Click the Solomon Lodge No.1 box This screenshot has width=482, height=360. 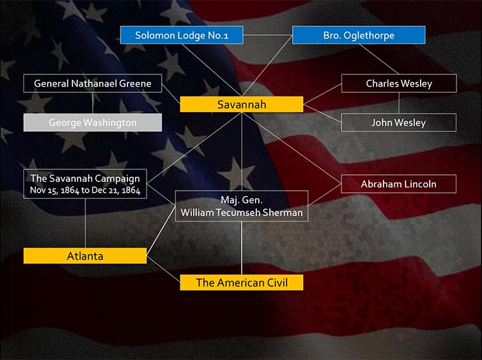(x=182, y=35)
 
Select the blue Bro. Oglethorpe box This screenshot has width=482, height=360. (x=359, y=35)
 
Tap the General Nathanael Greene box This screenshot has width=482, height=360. (x=92, y=83)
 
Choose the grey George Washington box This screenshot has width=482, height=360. (x=92, y=123)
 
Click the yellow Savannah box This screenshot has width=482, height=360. (x=242, y=105)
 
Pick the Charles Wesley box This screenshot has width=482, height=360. (x=399, y=83)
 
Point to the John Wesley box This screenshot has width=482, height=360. (x=399, y=123)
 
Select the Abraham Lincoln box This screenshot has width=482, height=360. (x=399, y=184)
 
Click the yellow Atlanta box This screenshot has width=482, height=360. (x=85, y=256)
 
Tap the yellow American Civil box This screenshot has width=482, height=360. (x=242, y=283)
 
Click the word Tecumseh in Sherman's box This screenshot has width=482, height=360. (x=238, y=213)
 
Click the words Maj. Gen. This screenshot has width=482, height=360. (x=242, y=200)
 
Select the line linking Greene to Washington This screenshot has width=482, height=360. (x=92, y=103)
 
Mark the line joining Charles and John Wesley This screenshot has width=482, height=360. (x=399, y=103)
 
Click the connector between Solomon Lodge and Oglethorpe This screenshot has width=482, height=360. (x=268, y=35)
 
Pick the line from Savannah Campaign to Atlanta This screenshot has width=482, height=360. (x=85, y=223)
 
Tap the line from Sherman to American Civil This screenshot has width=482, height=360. (x=242, y=248)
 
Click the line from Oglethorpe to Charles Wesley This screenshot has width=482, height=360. (x=379, y=59)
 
